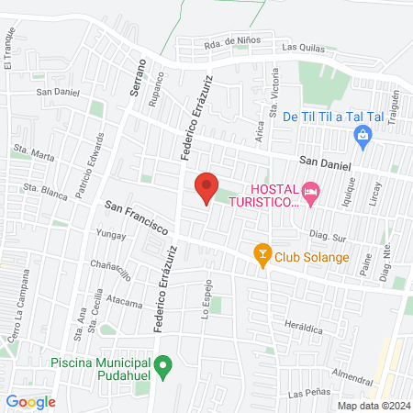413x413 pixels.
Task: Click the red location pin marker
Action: [206, 189]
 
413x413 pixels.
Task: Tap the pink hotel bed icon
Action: [309, 192]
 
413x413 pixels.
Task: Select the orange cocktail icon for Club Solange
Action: [262, 256]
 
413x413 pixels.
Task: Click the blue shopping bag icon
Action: [363, 138]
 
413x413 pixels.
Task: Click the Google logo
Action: [30, 401]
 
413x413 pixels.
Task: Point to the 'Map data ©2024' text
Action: [372, 405]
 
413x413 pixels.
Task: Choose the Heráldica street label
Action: [305, 326]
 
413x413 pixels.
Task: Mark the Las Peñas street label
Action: [307, 394]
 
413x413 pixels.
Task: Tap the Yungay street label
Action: [111, 235]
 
